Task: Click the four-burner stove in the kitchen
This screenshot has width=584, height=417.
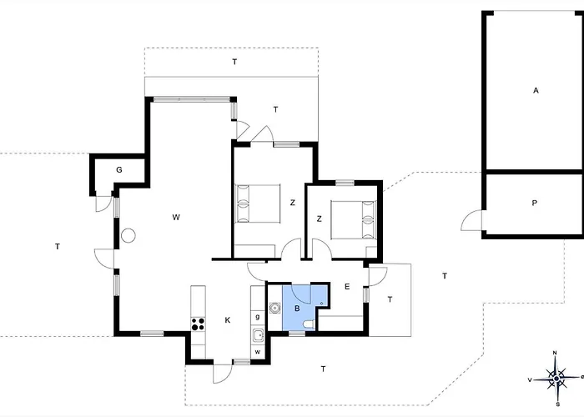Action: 198,324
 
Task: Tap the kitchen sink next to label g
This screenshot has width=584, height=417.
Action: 257,336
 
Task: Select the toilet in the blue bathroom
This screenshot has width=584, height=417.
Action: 310,325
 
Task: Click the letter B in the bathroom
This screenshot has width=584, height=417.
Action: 297,309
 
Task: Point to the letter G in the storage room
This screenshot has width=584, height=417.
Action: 119,170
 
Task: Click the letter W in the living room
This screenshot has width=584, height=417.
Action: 176,217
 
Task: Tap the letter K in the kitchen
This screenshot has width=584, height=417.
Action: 228,319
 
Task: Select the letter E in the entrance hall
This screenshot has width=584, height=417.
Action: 347,286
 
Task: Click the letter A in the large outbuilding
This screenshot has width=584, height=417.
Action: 536,90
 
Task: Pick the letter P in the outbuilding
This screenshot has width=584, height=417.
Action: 535,203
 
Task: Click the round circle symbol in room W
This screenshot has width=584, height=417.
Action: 128,235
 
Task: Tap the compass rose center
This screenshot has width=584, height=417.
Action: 556,379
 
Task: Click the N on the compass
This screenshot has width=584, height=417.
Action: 555,353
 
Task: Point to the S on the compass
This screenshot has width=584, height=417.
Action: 557,404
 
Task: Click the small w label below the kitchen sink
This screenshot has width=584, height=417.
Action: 257,352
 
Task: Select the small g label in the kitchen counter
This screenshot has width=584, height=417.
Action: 257,317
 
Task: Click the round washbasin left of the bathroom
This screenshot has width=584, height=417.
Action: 274,308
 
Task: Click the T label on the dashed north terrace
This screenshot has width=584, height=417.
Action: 234,62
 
